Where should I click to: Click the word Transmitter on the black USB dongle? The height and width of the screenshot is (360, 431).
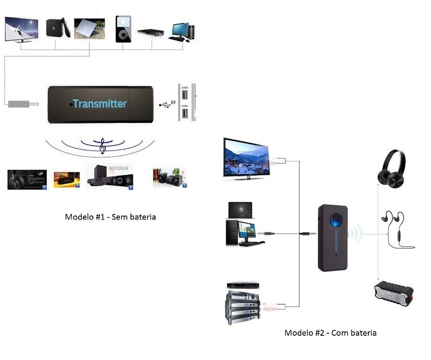click(100, 104)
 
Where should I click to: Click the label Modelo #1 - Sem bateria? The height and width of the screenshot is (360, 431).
click(110, 217)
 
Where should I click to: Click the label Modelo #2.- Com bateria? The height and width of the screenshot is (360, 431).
click(330, 333)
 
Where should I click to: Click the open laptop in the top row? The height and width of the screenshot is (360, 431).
click(89, 29)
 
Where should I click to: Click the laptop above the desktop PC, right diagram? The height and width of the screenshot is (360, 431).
click(240, 209)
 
